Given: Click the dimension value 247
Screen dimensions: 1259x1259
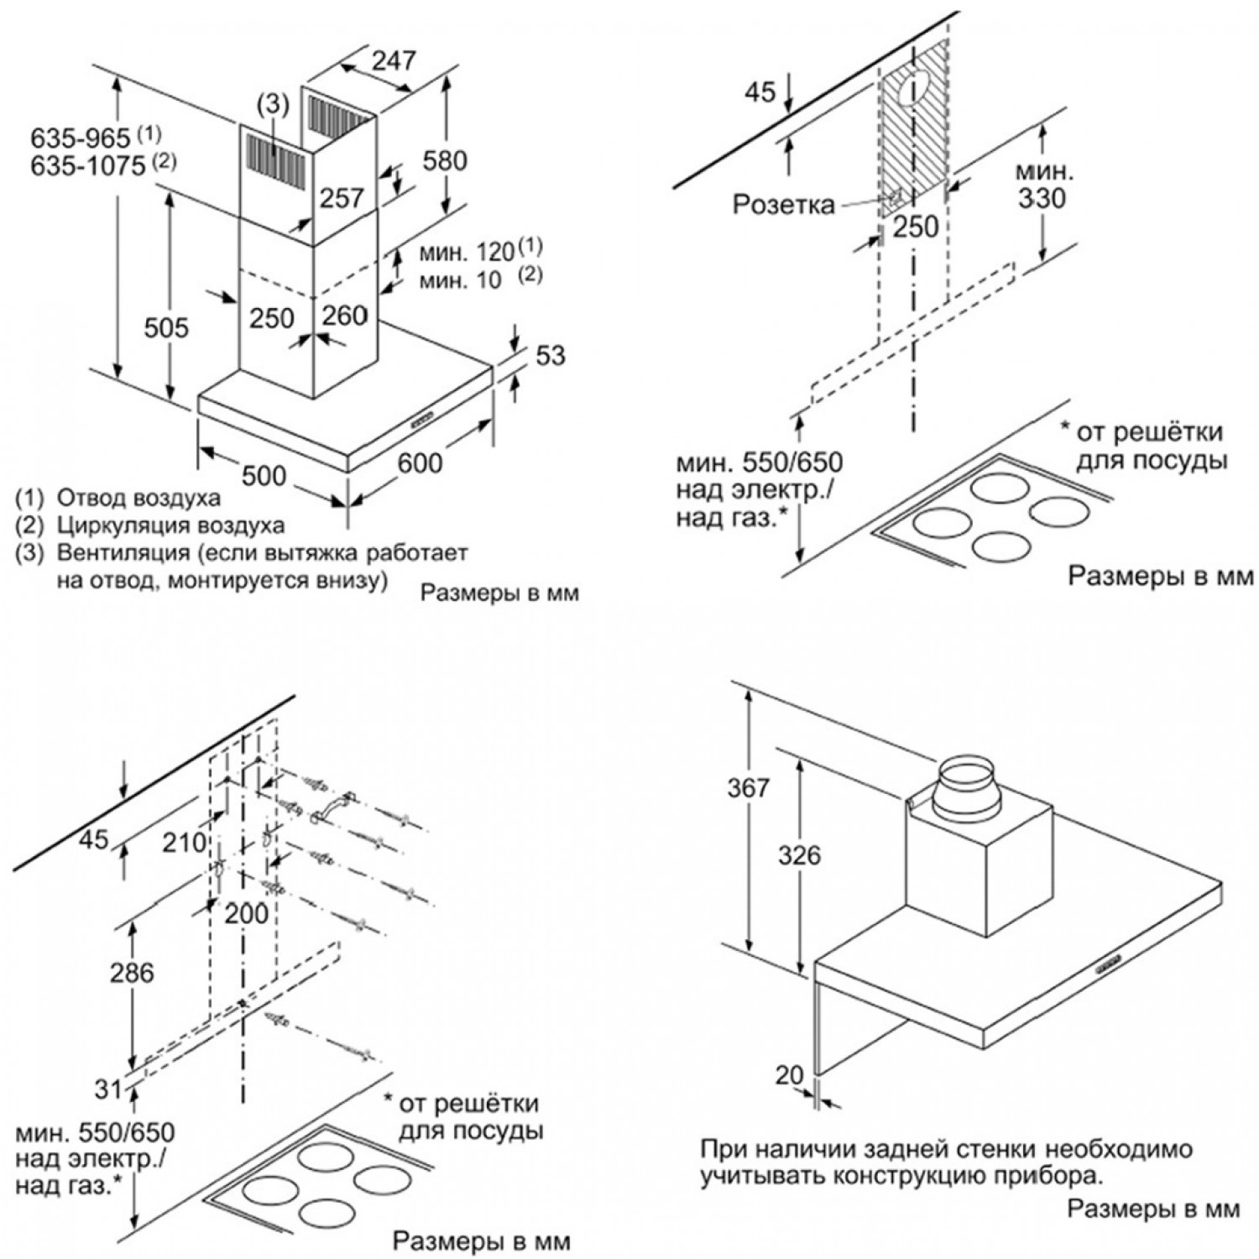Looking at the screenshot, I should pyautogui.click(x=394, y=60).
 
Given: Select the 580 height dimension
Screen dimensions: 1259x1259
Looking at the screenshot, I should pyautogui.click(x=444, y=159).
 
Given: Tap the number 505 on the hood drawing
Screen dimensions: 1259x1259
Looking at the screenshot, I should pyautogui.click(x=166, y=327).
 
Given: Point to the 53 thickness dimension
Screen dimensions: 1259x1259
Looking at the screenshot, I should pyautogui.click(x=550, y=355).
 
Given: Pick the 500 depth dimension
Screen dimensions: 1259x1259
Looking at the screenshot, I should pyautogui.click(x=263, y=474).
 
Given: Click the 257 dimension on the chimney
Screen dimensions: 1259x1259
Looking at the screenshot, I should pyautogui.click(x=342, y=197).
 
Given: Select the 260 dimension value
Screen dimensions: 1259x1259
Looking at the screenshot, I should pyautogui.click(x=344, y=316).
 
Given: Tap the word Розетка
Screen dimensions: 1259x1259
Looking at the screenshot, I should pyautogui.click(x=783, y=204).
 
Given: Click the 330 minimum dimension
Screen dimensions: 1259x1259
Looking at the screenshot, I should pyautogui.click(x=1043, y=198).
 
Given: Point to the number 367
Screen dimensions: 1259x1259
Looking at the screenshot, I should pyautogui.click(x=748, y=788).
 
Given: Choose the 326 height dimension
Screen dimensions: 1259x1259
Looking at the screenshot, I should pyautogui.click(x=797, y=855).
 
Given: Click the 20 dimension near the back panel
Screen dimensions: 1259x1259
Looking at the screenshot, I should pyautogui.click(x=790, y=1075).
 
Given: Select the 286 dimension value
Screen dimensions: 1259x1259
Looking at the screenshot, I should pyautogui.click(x=132, y=972).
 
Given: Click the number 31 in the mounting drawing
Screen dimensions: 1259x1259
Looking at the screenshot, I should pyautogui.click(x=107, y=1089).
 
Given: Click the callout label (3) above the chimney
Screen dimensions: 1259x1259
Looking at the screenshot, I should pyautogui.click(x=273, y=105).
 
